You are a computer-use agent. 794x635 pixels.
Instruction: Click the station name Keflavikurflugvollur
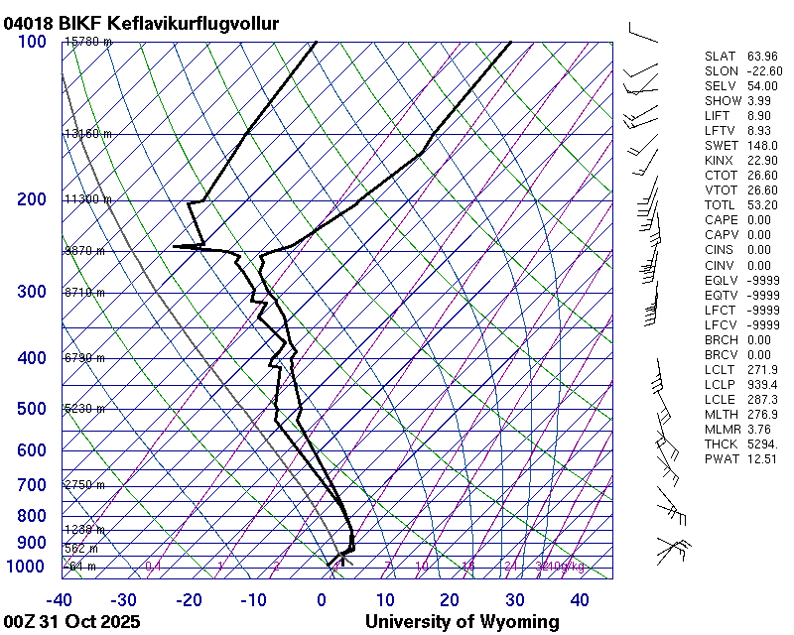pyautogui.click(x=194, y=23)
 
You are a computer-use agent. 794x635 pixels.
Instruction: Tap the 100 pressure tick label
pyautogui.click(x=32, y=42)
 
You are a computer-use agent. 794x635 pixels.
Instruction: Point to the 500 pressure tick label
pyautogui.click(x=32, y=409)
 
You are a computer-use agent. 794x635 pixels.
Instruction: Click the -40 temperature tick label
pyautogui.click(x=60, y=600)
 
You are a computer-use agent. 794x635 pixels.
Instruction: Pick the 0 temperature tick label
pyautogui.click(x=322, y=600)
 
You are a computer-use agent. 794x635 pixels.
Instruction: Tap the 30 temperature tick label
pyautogui.click(x=514, y=600)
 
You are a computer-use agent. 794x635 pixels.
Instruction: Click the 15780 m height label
pyautogui.click(x=88, y=42)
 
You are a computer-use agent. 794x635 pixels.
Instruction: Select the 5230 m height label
pyautogui.click(x=84, y=409)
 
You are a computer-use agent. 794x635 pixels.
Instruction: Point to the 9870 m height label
pyautogui.click(x=84, y=251)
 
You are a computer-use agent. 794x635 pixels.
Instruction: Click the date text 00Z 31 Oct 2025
pyautogui.click(x=71, y=622)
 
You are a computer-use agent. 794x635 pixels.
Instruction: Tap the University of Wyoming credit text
pyautogui.click(x=463, y=622)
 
